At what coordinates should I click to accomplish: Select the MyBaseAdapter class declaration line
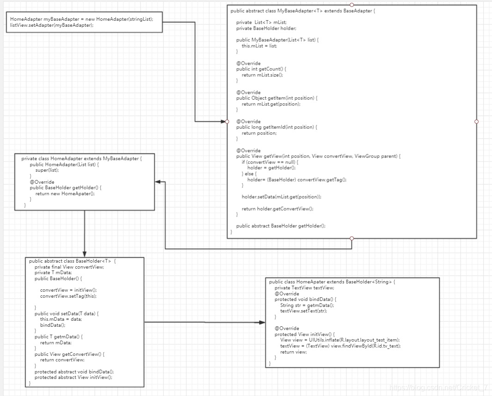coord(306,11)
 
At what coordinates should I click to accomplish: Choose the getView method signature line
coord(318,156)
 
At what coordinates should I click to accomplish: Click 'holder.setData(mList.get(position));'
coord(281,197)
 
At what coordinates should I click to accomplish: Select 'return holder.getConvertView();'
coord(277,209)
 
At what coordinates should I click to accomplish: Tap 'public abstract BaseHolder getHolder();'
coord(281,226)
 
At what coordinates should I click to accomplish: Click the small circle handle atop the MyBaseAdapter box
coord(352,5)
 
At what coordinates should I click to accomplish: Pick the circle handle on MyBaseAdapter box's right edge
coord(476,121)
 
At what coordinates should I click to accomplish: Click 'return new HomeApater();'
coord(65,193)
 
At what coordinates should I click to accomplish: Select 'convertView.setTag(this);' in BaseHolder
coord(68,296)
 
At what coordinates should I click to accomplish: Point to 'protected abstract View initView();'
coord(73,377)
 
